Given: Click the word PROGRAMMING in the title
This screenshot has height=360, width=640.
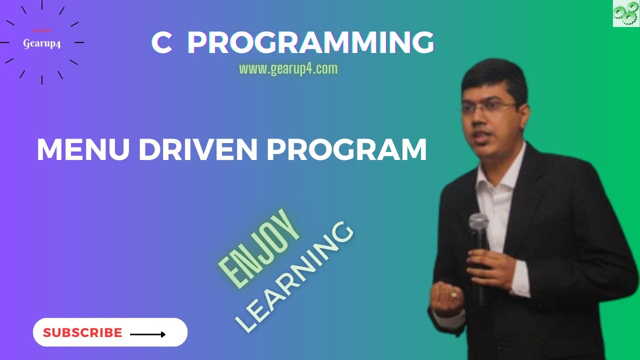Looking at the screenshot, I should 310,43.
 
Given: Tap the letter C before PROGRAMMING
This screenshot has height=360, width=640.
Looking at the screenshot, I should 161,43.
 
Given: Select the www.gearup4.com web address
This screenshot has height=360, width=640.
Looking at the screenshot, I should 288,68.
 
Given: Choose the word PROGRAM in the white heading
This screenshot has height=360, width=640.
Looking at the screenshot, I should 346,149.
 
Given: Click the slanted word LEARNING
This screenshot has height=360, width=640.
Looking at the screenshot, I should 295,277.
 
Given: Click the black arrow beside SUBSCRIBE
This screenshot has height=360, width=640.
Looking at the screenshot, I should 147,334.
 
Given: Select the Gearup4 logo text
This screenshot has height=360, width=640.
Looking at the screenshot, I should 42,43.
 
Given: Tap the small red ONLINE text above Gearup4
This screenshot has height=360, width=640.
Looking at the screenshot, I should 42,30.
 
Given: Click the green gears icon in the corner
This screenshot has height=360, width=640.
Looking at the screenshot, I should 626,13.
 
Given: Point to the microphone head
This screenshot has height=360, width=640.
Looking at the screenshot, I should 478,223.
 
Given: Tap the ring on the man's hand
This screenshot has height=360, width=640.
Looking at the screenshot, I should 453,294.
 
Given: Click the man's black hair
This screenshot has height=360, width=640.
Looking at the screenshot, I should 495,75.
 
